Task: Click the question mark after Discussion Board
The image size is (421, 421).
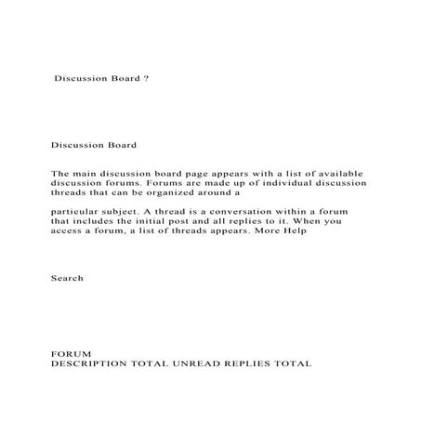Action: pos(147,79)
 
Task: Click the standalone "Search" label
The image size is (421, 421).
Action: pos(67,278)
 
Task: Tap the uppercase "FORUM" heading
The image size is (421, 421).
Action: pos(72,353)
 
